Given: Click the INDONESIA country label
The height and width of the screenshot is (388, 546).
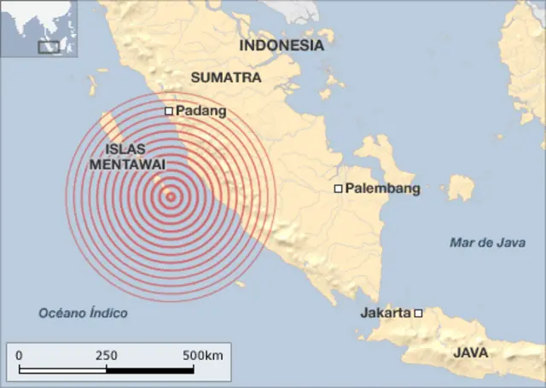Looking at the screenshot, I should pyautogui.click(x=282, y=45).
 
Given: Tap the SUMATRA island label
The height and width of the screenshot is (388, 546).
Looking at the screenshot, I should pyautogui.click(x=225, y=77).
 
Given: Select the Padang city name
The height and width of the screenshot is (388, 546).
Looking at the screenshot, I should pyautogui.click(x=200, y=111).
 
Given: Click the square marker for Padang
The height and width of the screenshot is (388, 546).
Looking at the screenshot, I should pyautogui.click(x=169, y=111).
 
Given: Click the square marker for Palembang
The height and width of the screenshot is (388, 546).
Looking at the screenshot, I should pyautogui.click(x=339, y=188).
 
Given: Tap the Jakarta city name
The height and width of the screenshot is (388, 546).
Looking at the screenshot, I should pyautogui.click(x=386, y=313).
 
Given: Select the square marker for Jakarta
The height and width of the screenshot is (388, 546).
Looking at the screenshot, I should pyautogui.click(x=418, y=313).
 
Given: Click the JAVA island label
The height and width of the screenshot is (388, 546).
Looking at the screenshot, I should pyautogui.click(x=470, y=352).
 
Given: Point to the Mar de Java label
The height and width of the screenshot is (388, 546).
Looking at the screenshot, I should pyautogui.click(x=487, y=243).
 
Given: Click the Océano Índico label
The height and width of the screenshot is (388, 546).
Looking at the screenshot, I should pyautogui.click(x=83, y=313).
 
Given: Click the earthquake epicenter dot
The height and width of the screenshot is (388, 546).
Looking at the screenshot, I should pyautogui.click(x=171, y=197).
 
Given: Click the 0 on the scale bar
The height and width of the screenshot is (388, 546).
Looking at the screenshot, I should pyautogui.click(x=19, y=355).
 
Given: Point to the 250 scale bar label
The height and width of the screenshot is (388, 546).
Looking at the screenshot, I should pyautogui.click(x=106, y=355).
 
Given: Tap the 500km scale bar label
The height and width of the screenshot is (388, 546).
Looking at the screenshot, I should pyautogui.click(x=203, y=355).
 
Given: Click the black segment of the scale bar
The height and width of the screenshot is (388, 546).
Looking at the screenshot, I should pyautogui.click(x=150, y=370).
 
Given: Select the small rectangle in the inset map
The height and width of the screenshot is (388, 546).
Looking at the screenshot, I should pyautogui.click(x=49, y=47).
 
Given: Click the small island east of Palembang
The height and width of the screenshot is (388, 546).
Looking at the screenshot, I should pyautogui.click(x=462, y=187).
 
